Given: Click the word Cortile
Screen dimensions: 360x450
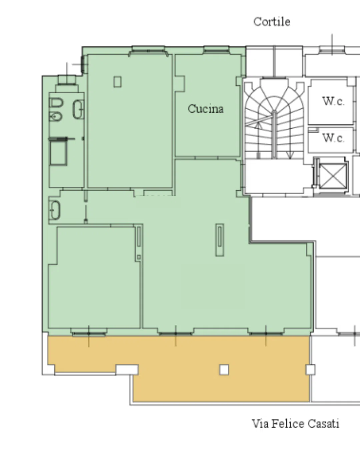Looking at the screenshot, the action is (x=272, y=22).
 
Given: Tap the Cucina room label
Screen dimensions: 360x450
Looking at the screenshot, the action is (x=206, y=109).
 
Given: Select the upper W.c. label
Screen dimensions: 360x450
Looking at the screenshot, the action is (x=333, y=101).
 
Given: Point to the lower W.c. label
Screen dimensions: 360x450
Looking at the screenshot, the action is (x=333, y=138).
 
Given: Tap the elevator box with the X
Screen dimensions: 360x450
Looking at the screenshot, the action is (x=333, y=176).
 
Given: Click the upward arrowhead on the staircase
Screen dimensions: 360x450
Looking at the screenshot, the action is (x=259, y=125).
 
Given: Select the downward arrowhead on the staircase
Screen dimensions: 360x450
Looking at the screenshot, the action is (x=290, y=155).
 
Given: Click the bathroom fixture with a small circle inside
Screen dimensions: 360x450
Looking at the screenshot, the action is (x=55, y=116).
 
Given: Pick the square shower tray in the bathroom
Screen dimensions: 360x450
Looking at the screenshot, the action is (x=58, y=153).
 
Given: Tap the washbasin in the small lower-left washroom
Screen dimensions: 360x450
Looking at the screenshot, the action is (x=55, y=210).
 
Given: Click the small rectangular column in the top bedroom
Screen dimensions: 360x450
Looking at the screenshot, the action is (x=117, y=82).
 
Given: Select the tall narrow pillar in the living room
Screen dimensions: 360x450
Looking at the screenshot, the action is (x=220, y=240).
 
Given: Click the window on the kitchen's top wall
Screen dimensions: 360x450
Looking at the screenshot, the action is (x=216, y=50).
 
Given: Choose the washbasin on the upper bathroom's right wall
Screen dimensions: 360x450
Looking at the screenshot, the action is (x=78, y=109).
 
